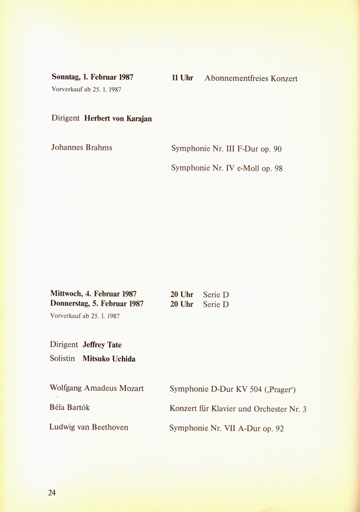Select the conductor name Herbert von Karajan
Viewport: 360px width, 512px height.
[118, 118]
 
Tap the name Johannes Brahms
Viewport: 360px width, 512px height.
[82, 148]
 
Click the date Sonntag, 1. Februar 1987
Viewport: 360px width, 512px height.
[92, 77]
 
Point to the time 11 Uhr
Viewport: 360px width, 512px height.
[182, 78]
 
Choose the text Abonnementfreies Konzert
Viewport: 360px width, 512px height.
[251, 79]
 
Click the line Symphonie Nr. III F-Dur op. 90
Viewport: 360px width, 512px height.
[226, 148]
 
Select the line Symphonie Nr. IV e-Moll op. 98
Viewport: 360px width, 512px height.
[227, 168]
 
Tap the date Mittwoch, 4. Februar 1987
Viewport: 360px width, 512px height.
[94, 294]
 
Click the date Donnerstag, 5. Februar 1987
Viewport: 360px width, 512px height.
[98, 304]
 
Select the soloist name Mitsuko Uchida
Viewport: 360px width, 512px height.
[109, 358]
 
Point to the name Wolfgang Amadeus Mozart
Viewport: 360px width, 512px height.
[97, 388]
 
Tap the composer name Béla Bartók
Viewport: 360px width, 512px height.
[70, 408]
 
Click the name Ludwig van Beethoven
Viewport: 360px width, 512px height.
[89, 427]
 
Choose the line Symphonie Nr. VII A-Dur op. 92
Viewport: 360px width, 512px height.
[226, 428]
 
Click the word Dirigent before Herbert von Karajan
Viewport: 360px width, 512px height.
[65, 118]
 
